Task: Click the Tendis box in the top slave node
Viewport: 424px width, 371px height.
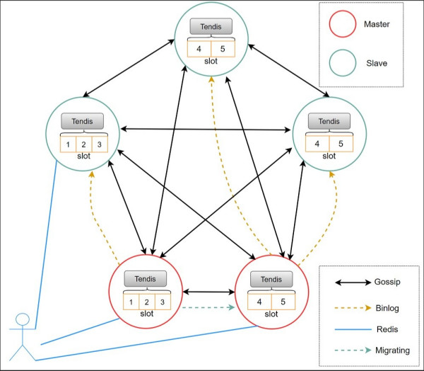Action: tap(211, 27)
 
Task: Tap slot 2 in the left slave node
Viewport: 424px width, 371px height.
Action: tap(83, 144)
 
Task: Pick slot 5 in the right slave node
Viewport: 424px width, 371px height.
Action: tap(341, 144)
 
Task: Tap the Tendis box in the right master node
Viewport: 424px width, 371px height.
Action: tap(271, 278)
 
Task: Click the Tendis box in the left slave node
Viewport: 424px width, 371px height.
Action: tap(82, 121)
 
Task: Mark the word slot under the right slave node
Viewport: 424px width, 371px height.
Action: tap(329, 156)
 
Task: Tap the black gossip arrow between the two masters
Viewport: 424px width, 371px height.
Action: tap(208, 291)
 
